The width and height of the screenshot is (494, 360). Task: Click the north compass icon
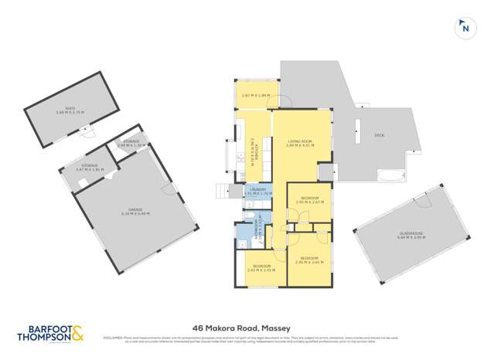coord(465,27)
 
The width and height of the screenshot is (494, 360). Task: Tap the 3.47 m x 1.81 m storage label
coord(90,166)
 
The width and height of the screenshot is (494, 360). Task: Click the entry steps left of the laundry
coord(223,191)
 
